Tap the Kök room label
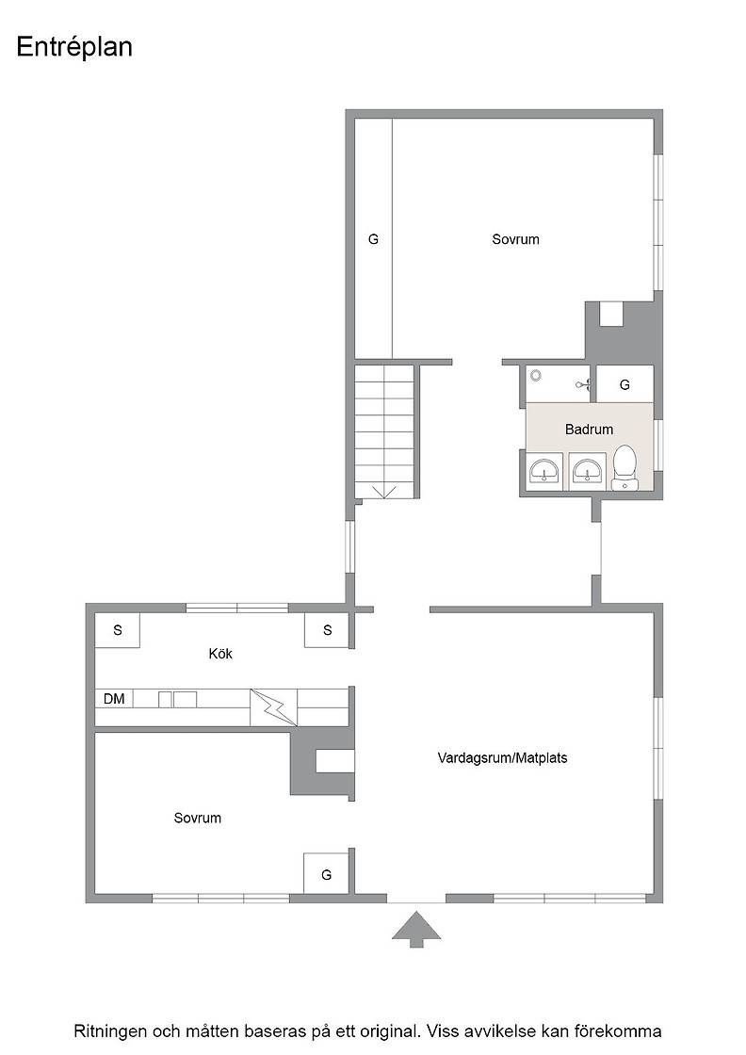tap(220, 654)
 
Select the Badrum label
tap(589, 430)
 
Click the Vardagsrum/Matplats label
tap(502, 758)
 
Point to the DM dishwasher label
tap(114, 699)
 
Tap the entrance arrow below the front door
tap(416, 929)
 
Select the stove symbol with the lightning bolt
tap(273, 707)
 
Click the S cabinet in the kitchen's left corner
tap(118, 630)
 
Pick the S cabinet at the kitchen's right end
tap(327, 630)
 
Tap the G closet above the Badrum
tap(624, 384)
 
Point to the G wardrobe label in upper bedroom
tap(373, 239)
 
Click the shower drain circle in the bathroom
tap(535, 375)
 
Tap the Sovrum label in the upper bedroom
tap(515, 239)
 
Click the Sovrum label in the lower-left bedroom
tap(197, 819)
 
